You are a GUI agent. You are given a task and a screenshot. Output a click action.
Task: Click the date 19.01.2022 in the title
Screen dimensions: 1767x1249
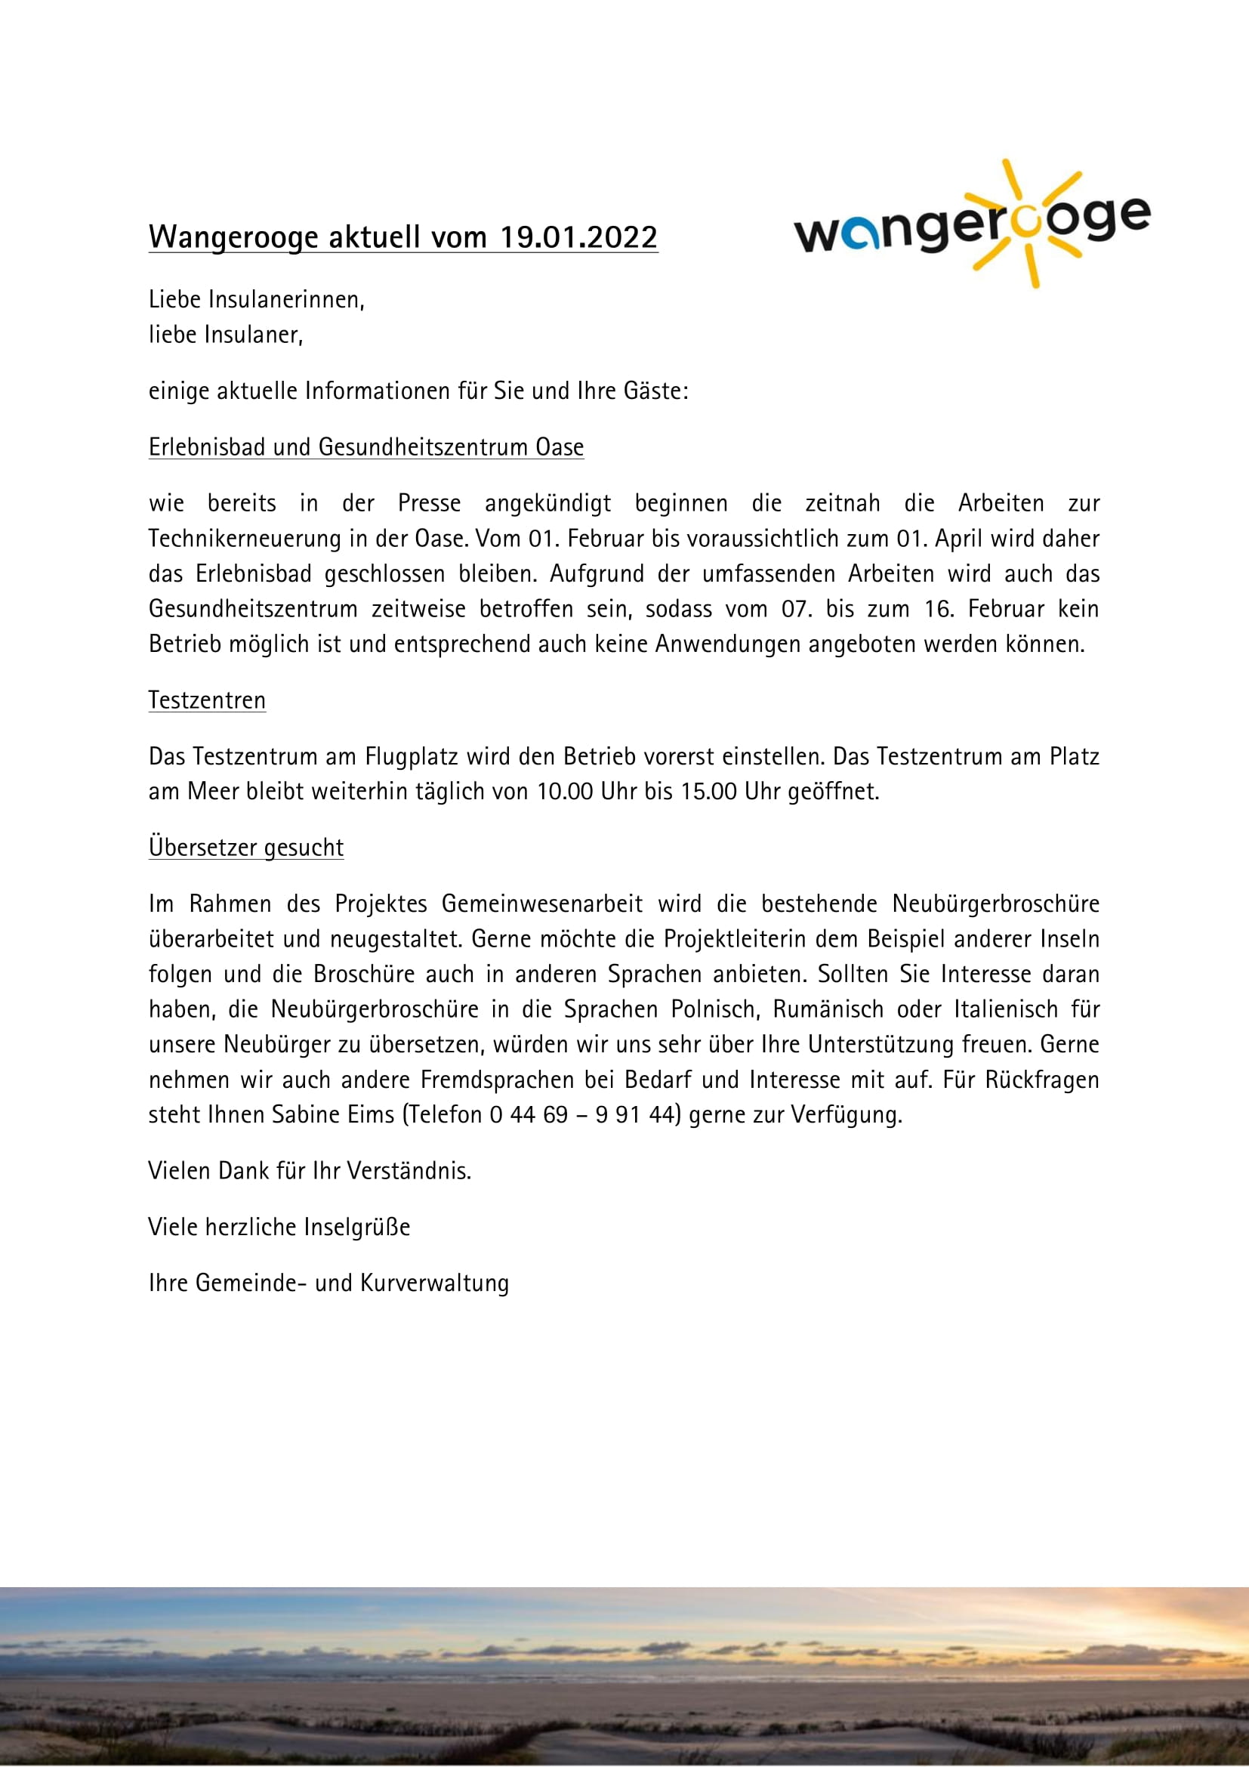(578, 237)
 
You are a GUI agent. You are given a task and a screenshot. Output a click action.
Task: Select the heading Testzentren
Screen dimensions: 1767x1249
(207, 700)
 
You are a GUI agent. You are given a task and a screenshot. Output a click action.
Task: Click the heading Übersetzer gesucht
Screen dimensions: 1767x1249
(246, 848)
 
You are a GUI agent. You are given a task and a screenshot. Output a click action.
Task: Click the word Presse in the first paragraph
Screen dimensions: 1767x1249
(429, 503)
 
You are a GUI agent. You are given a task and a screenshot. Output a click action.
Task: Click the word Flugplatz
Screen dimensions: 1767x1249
(413, 756)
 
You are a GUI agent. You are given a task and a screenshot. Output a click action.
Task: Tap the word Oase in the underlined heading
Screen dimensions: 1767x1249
(560, 447)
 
